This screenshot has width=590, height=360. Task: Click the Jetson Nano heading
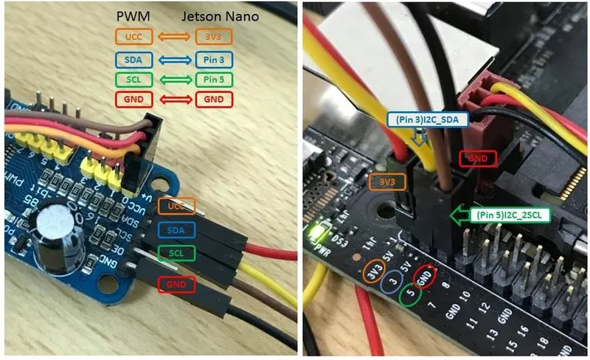point(221,16)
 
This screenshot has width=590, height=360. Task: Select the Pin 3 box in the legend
point(214,59)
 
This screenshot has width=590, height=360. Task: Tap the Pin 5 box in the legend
point(214,79)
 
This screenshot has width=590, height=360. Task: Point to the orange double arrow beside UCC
point(175,37)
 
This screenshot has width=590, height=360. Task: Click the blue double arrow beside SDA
point(175,59)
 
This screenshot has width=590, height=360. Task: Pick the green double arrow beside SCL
point(175,79)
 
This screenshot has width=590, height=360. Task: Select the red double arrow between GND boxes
point(175,99)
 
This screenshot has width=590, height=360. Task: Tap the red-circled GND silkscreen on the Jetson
point(426,277)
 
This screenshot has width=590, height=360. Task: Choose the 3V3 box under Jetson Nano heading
point(214,37)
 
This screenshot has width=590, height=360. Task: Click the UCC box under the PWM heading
point(133,37)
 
